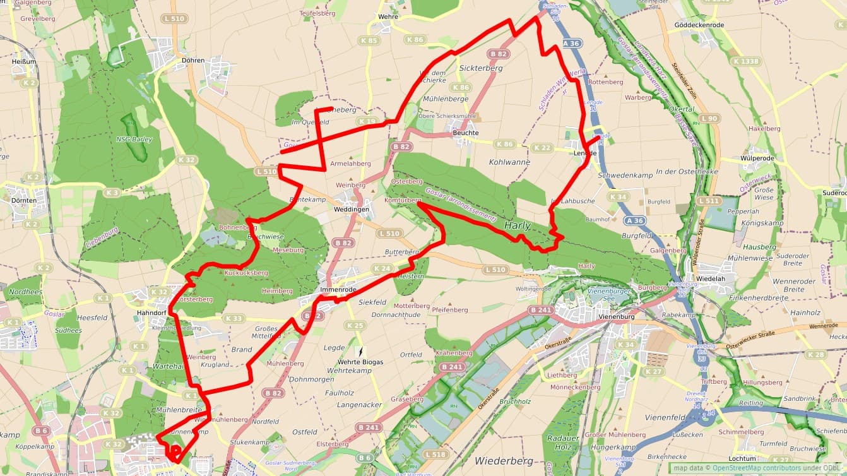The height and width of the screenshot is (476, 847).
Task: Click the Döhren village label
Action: coord(192,61)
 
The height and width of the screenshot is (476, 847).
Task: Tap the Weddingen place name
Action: coord(352,209)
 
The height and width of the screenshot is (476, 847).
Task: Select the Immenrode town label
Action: coord(338,290)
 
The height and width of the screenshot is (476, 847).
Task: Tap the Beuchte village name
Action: coord(466,133)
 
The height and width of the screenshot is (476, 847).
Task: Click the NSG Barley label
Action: coord(134,140)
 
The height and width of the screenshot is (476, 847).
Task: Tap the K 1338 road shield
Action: coord(746,61)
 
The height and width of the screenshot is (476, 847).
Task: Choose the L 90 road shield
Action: coord(710,119)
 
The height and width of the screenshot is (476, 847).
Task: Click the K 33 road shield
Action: coord(234,318)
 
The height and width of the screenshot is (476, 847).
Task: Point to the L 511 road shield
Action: coord(709,201)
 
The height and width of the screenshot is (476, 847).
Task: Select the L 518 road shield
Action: coord(435,455)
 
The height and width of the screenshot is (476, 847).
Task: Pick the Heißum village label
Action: coord(23,62)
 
